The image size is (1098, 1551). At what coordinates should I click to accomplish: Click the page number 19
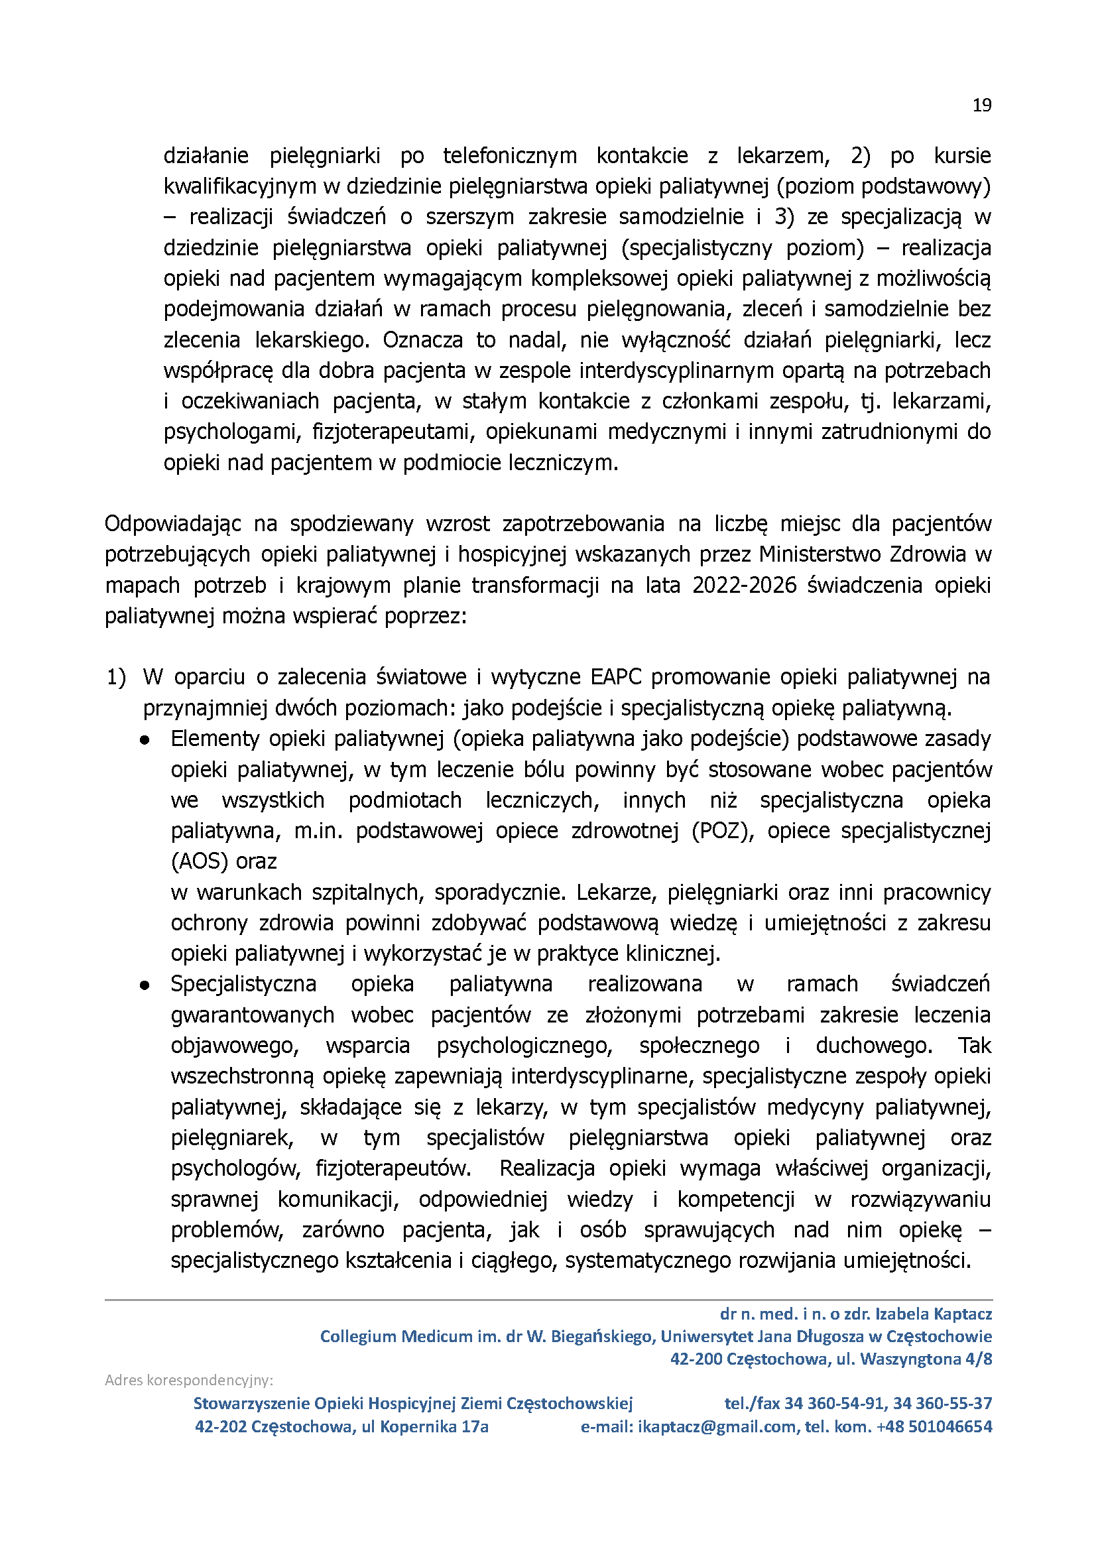(x=982, y=105)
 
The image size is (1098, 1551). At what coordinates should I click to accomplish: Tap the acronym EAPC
(x=616, y=677)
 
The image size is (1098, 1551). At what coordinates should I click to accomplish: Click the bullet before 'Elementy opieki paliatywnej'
(x=145, y=740)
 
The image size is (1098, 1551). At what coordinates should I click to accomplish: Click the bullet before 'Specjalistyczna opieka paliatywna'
(x=145, y=986)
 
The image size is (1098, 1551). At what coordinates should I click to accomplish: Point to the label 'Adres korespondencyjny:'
(x=188, y=1380)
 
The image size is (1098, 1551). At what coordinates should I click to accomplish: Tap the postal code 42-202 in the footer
(x=220, y=1426)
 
